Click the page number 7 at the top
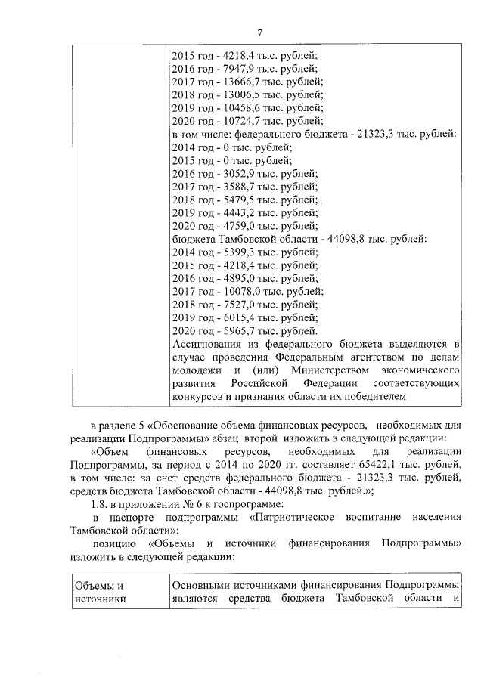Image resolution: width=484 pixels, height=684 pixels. tap(259, 31)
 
